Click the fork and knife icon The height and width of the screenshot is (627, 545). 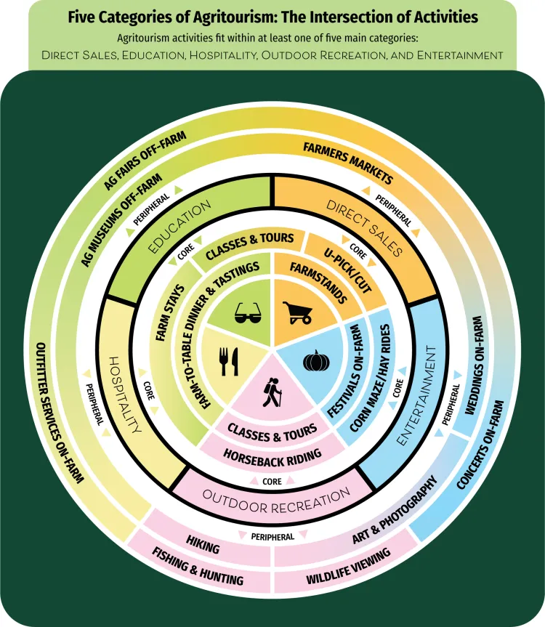pyautogui.click(x=228, y=361)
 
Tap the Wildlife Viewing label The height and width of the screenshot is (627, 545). pyautogui.click(x=349, y=567)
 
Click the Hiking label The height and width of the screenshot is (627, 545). pyautogui.click(x=203, y=541)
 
